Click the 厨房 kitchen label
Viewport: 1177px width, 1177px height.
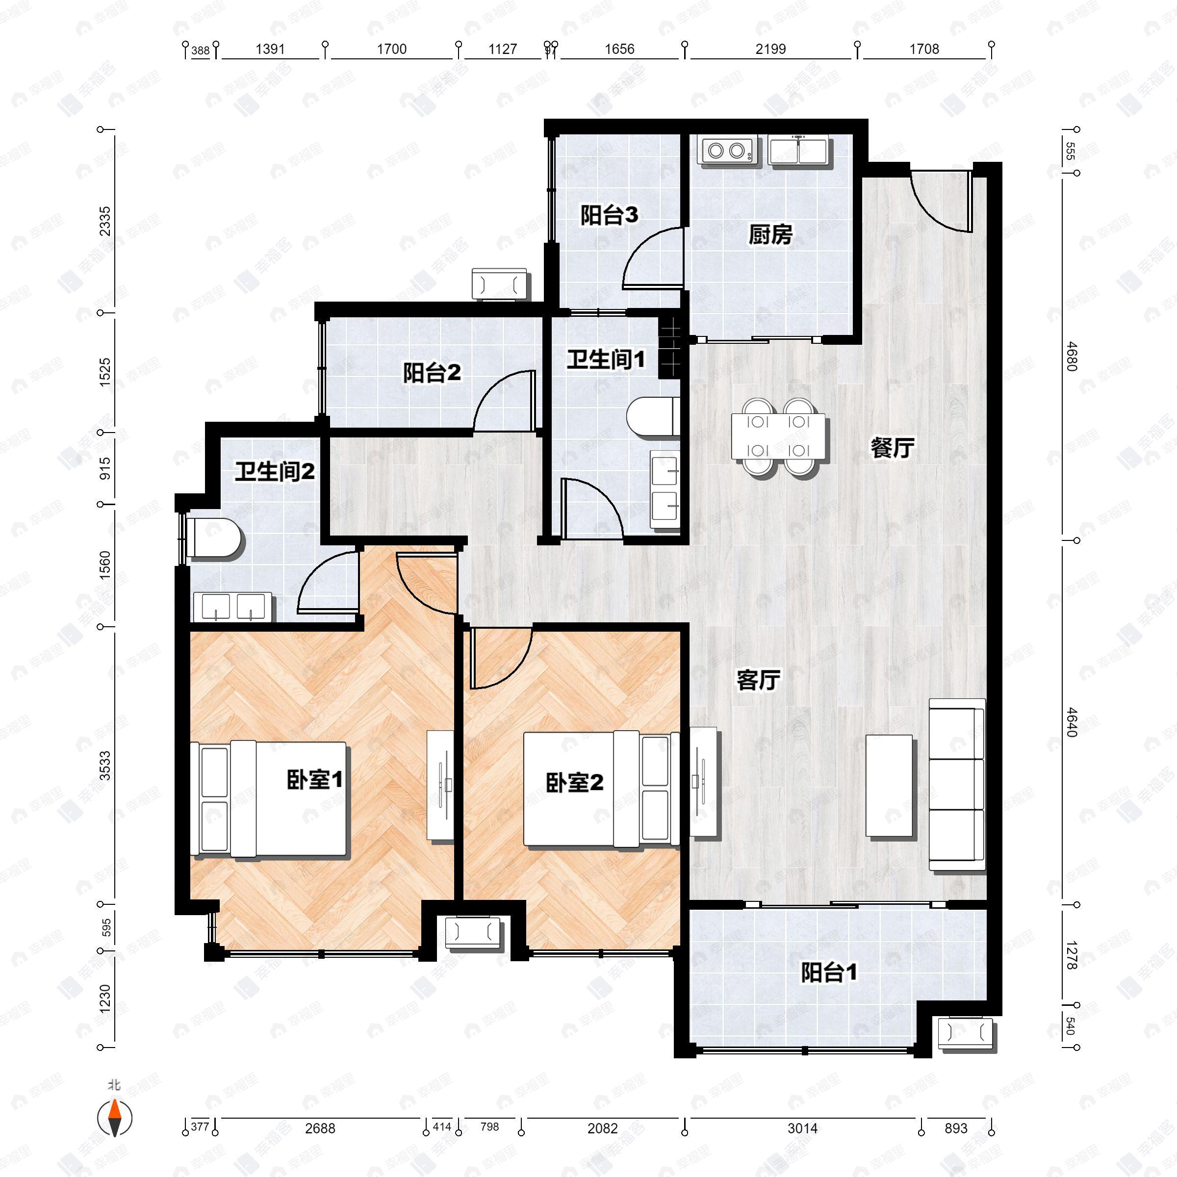pyautogui.click(x=770, y=234)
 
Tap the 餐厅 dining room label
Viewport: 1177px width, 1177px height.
pyautogui.click(x=892, y=448)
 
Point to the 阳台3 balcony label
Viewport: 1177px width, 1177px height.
pyautogui.click(x=609, y=215)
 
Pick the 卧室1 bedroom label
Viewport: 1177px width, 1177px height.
pyautogui.click(x=315, y=780)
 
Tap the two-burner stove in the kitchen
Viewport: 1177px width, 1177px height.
pyautogui.click(x=727, y=150)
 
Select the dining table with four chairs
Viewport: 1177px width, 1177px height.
pyautogui.click(x=779, y=436)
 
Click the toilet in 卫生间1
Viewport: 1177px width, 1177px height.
pyautogui.click(x=652, y=417)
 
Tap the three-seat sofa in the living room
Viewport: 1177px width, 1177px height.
pyautogui.click(x=956, y=784)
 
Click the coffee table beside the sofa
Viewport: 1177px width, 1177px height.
pyautogui.click(x=890, y=786)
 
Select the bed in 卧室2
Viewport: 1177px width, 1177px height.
pyautogui.click(x=601, y=790)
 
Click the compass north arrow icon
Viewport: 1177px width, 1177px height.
pyautogui.click(x=115, y=1119)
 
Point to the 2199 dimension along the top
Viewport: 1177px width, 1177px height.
pyautogui.click(x=770, y=49)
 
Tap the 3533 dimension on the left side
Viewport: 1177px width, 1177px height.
pyautogui.click(x=105, y=766)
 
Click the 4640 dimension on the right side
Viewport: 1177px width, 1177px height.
pyautogui.click(x=1072, y=722)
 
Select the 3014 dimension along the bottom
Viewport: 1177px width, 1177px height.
pyautogui.click(x=802, y=1128)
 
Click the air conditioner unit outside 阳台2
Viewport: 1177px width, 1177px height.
pyautogui.click(x=500, y=284)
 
